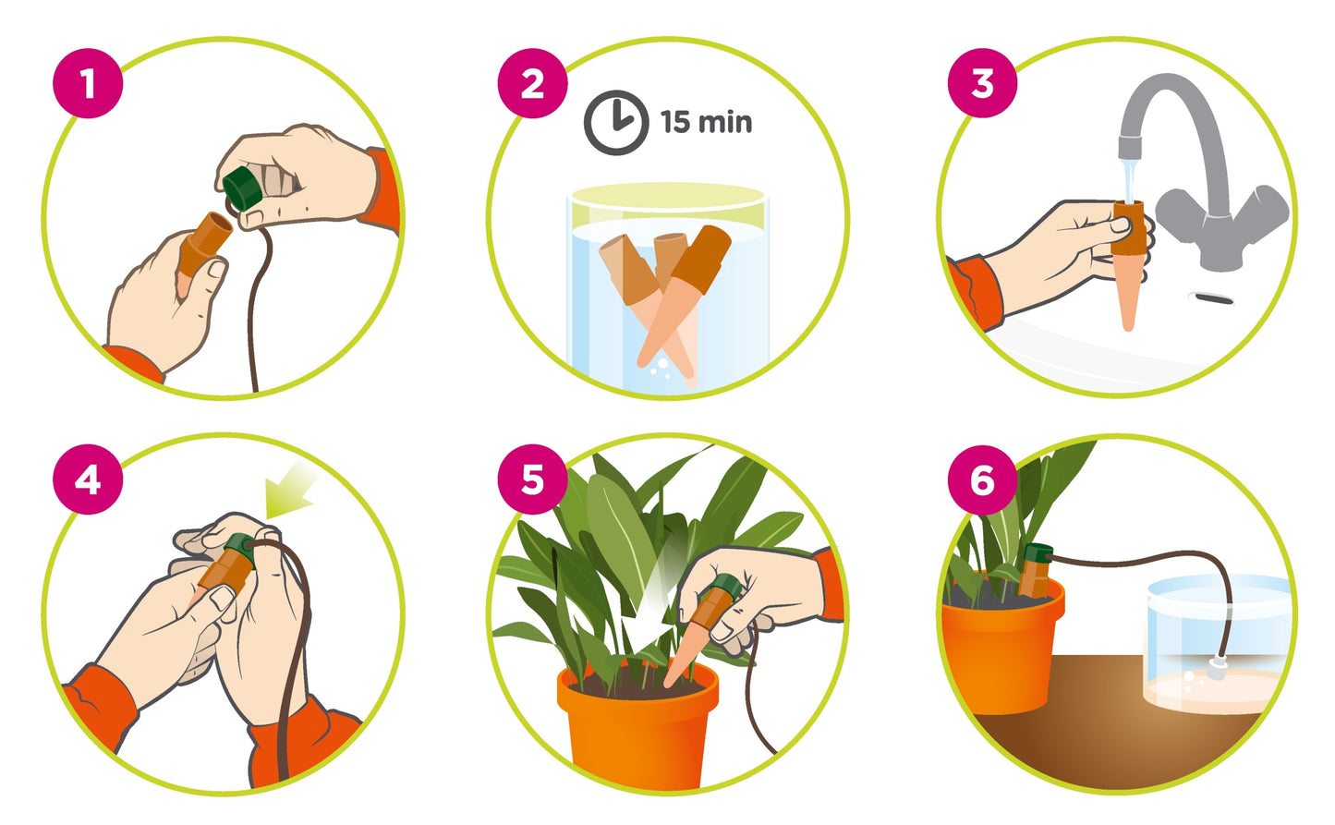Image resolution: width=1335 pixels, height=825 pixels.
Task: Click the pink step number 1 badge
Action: [x=88, y=83]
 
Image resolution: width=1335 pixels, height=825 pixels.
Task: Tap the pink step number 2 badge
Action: [x=533, y=83]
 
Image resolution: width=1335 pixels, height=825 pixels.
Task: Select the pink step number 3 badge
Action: [x=983, y=83]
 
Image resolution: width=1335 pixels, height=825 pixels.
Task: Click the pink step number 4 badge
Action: [x=88, y=479]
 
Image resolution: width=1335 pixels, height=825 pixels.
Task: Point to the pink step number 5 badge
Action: [x=533, y=479]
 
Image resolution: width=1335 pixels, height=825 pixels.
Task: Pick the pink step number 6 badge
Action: [x=983, y=480]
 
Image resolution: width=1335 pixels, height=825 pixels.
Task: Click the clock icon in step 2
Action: [x=616, y=123]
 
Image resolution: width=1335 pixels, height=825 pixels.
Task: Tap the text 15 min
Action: [x=706, y=122]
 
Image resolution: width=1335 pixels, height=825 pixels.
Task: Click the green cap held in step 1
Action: [x=243, y=188]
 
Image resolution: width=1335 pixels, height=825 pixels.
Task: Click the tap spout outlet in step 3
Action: [x=1129, y=147]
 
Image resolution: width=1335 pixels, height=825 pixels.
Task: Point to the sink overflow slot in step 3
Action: [x=1210, y=298]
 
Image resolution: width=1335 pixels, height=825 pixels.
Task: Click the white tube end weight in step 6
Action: [x=1215, y=667]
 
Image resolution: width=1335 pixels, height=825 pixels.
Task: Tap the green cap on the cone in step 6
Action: [x=1038, y=553]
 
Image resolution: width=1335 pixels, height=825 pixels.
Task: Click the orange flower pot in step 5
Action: [x=637, y=727]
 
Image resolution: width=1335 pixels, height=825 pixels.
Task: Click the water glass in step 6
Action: [x=1217, y=644]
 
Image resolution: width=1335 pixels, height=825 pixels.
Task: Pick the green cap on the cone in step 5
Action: [x=728, y=588]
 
